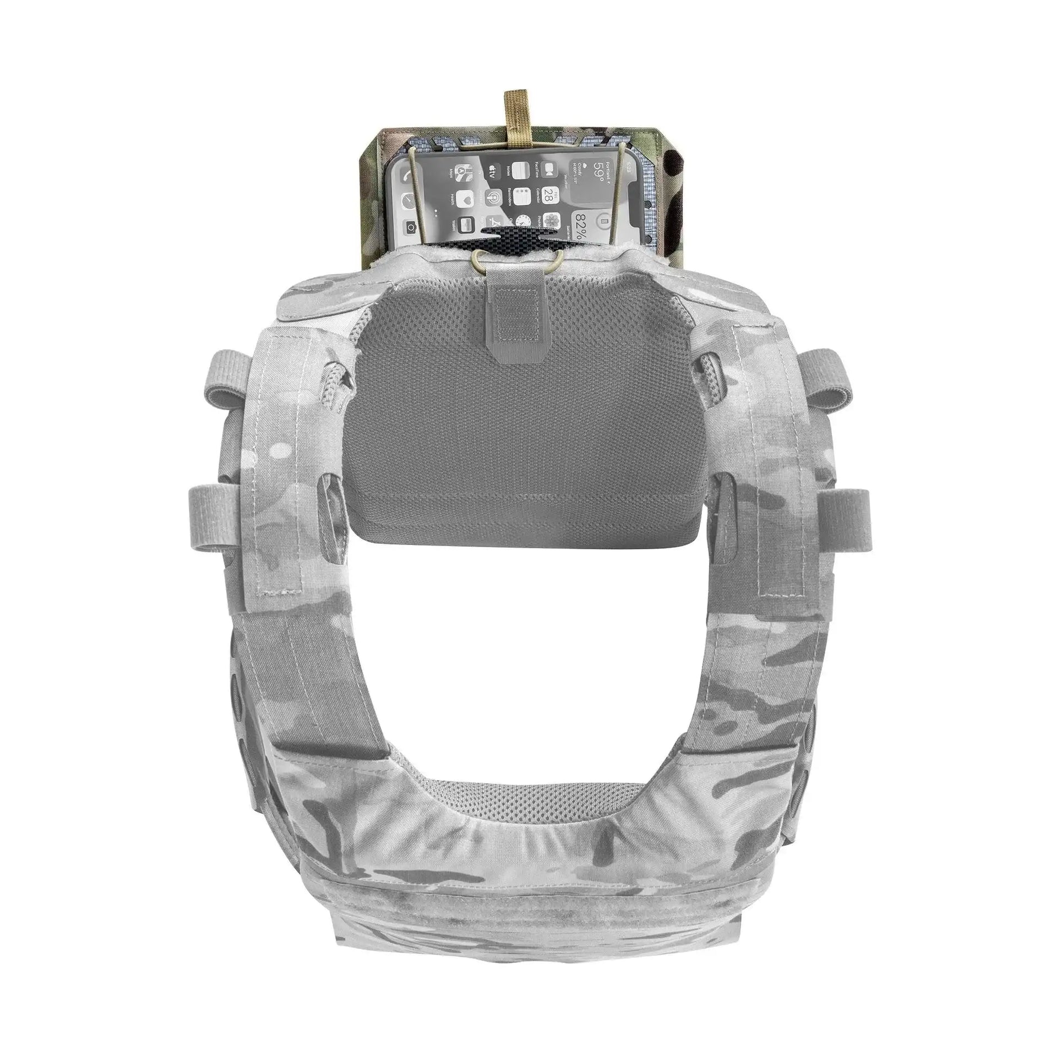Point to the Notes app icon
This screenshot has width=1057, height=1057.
coord(520,171)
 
